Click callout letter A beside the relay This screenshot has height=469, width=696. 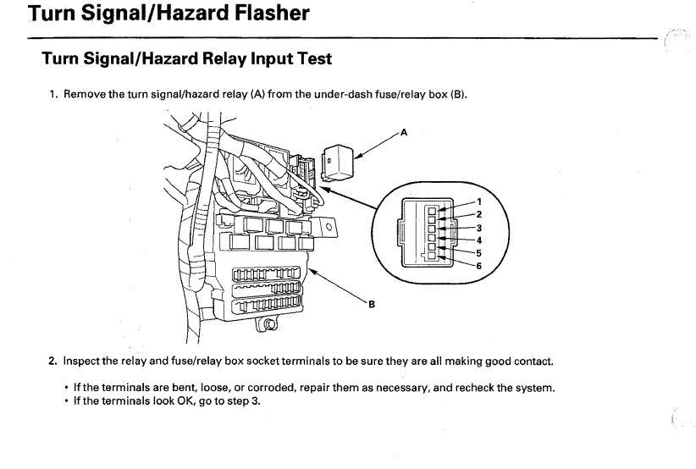pos(404,132)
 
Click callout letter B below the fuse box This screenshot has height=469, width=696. pos(372,305)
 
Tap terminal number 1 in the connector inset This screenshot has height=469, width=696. pos(479,201)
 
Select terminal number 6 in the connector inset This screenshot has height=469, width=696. pos(479,266)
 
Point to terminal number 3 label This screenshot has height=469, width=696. pos(479,228)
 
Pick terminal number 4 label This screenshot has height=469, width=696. pos(479,240)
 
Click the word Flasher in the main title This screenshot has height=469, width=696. pos(272,13)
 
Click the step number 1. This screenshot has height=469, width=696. pos(53,95)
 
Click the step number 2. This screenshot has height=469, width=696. pos(52,361)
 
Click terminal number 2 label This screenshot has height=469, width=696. pos(479,214)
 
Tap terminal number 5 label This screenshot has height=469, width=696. pos(479,253)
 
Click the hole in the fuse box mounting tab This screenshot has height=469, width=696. pos(329,227)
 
